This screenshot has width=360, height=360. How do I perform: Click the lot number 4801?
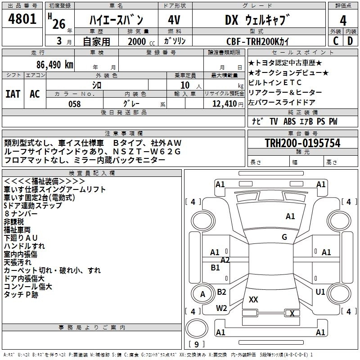click(x=22, y=19)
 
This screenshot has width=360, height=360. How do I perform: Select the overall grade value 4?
click(x=343, y=20)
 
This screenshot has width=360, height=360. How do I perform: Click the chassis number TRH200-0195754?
click(x=302, y=144)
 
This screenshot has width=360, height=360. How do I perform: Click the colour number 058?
click(x=74, y=104)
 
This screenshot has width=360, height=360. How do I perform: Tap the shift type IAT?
click(x=13, y=94)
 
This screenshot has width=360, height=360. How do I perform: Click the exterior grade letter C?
click(x=335, y=41)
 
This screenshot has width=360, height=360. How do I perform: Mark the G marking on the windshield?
click(x=284, y=237)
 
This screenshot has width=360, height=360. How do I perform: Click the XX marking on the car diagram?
click(x=253, y=299)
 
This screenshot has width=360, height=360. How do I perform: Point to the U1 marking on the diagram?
click(x=320, y=292)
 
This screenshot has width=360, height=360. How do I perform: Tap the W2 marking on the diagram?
click(x=221, y=308)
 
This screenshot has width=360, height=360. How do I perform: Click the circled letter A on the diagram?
click(x=202, y=294)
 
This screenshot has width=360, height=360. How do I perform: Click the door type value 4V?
click(x=174, y=20)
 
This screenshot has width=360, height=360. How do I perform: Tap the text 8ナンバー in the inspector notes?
click(x=21, y=214)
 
